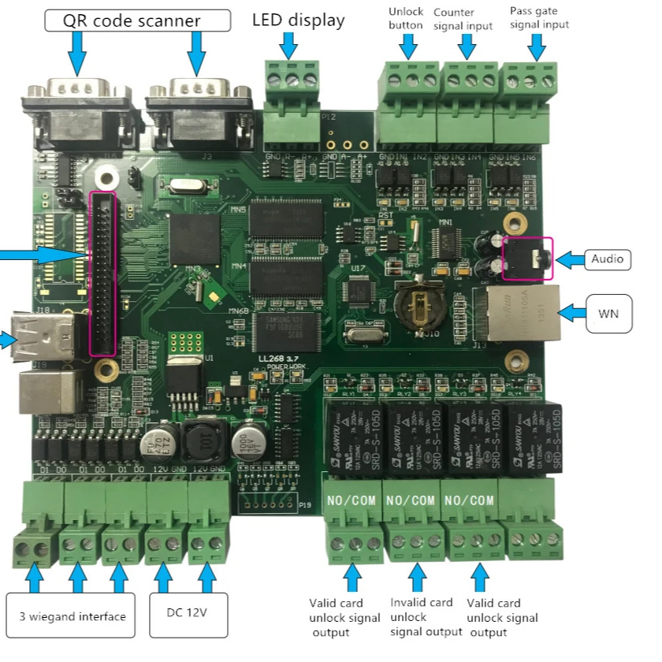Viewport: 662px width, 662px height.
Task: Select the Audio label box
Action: click(x=607, y=258)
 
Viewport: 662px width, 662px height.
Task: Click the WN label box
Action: click(x=607, y=314)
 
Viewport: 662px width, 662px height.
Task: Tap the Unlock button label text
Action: click(x=406, y=18)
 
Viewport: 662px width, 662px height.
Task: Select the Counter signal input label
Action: click(x=466, y=18)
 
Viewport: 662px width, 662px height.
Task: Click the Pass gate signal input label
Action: click(x=539, y=18)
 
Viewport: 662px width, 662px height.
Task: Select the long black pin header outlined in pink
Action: click(x=103, y=273)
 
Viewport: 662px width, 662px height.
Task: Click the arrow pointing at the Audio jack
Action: click(x=570, y=258)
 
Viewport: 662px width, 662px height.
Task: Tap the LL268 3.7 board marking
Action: click(x=281, y=359)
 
